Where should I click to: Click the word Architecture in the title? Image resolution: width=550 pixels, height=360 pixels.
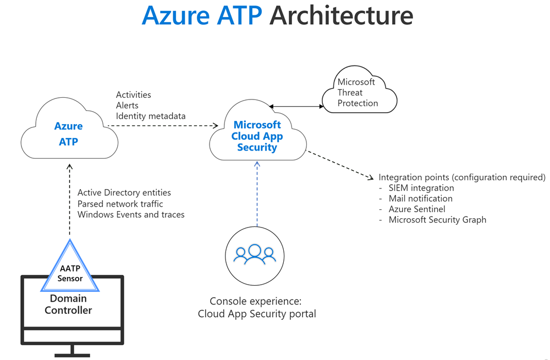click(x=341, y=16)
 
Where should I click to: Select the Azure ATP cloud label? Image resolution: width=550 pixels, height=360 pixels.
click(x=69, y=134)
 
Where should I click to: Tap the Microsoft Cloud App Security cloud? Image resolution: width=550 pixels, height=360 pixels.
click(x=257, y=136)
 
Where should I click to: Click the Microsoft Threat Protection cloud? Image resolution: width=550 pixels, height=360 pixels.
click(x=358, y=92)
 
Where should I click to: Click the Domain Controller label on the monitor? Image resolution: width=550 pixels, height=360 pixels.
click(x=69, y=304)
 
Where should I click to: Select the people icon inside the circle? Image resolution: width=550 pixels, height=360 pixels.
click(x=255, y=253)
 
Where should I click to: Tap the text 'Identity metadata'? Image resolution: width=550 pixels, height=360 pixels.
click(x=150, y=116)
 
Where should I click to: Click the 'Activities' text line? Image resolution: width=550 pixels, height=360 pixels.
click(x=133, y=95)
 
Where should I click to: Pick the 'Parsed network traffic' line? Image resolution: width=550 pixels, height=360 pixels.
click(x=120, y=203)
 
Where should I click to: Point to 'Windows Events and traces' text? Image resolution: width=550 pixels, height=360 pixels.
click(x=131, y=214)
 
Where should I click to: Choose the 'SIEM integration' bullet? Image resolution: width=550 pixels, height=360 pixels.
click(x=421, y=188)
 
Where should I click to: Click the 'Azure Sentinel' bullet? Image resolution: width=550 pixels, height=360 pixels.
click(x=417, y=209)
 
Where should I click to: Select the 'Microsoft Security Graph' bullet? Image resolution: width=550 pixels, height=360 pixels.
click(x=437, y=220)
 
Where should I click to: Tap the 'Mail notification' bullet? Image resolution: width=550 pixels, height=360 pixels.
click(x=420, y=198)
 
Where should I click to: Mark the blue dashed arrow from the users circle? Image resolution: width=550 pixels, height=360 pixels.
click(x=256, y=192)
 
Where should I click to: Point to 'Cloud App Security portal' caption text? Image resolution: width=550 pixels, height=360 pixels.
click(x=257, y=314)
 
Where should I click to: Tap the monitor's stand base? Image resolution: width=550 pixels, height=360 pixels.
click(x=72, y=352)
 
